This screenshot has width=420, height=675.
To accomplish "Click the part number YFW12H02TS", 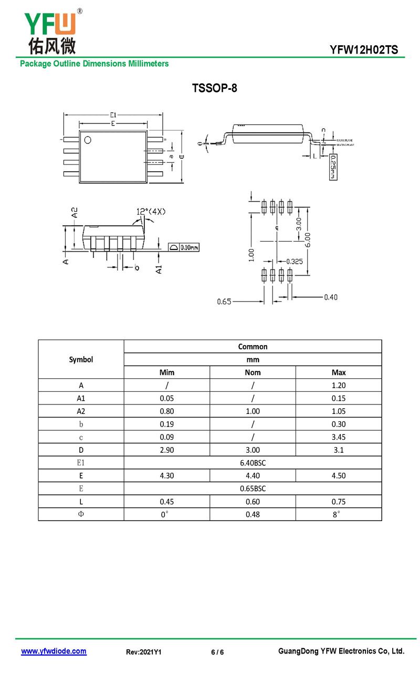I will click(364, 50).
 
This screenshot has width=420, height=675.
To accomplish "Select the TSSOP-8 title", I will click(215, 88).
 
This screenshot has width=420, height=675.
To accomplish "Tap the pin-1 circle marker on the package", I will click(88, 140).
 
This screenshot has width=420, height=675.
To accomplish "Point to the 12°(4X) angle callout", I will click(151, 211).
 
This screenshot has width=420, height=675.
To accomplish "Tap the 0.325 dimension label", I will click(295, 261).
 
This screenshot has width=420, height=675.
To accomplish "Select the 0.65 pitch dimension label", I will click(224, 302).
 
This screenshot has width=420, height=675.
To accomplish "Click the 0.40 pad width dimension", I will click(330, 297).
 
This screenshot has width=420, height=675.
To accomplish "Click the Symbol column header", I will click(81, 359).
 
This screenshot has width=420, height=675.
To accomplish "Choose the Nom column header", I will click(253, 372).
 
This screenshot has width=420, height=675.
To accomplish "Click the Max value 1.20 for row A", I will click(339, 385).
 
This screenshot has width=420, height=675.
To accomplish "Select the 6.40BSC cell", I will click(253, 463).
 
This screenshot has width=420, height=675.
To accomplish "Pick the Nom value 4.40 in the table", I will click(253, 476).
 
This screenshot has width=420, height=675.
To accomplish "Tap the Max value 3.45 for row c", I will click(339, 437).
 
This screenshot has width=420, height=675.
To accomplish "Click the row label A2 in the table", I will click(81, 411).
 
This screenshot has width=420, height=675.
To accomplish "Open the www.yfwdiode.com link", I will click(54, 651).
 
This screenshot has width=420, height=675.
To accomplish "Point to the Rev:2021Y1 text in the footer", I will click(143, 652).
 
